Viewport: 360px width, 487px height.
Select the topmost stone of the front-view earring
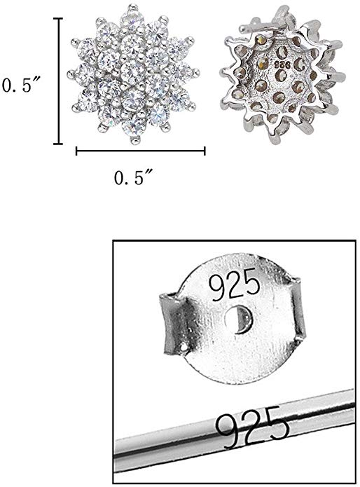128,15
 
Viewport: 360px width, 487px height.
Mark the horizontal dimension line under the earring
140,151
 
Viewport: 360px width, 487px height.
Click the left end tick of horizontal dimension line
76,151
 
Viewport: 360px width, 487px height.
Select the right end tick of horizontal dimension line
205,151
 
